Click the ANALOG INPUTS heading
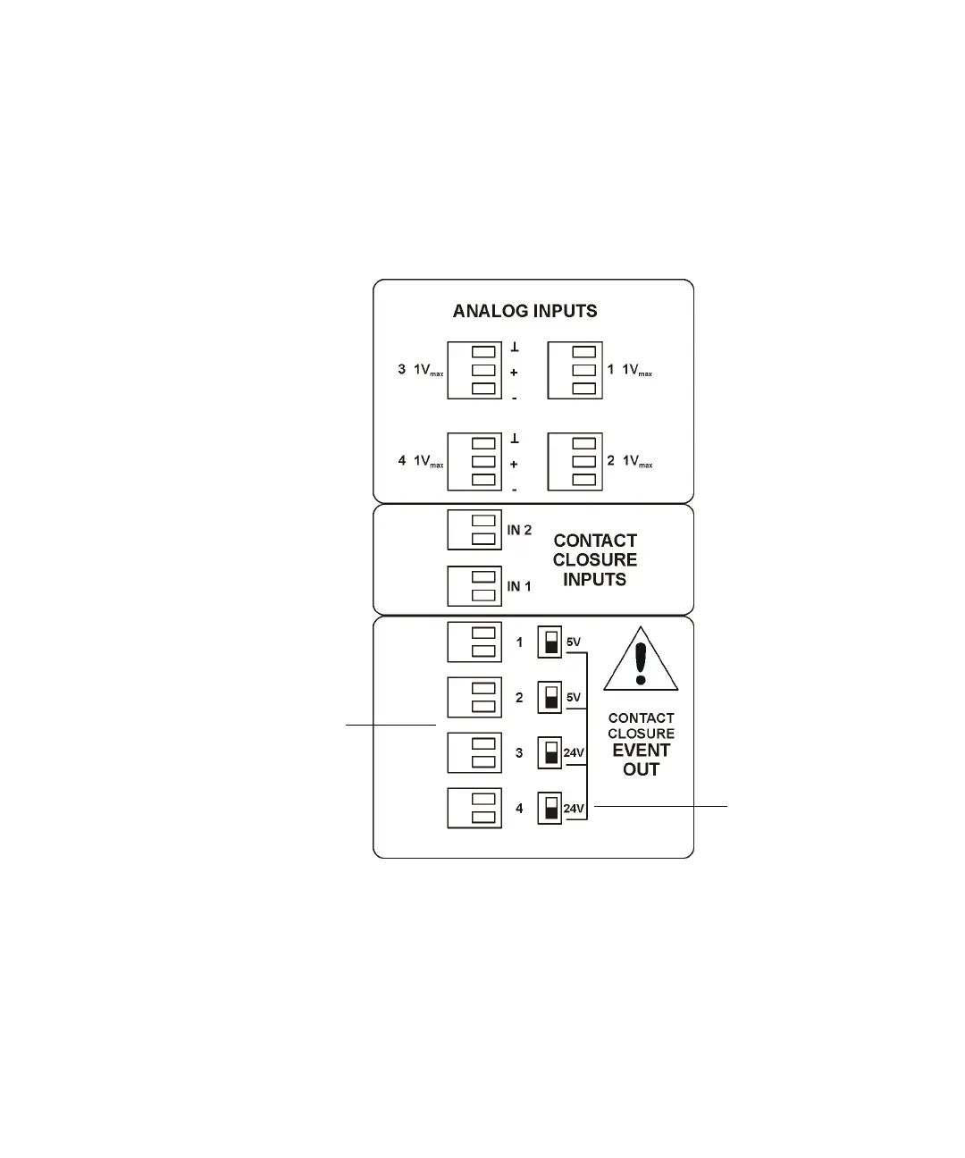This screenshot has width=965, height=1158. tap(524, 311)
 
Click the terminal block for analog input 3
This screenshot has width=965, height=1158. tap(474, 370)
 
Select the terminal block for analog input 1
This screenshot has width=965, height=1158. tap(575, 370)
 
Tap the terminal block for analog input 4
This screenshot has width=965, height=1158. tap(474, 461)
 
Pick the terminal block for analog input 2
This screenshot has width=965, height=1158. tap(575, 461)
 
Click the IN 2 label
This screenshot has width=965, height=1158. tap(519, 530)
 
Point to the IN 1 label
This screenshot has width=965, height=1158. tap(519, 586)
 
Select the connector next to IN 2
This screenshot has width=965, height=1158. tap(474, 530)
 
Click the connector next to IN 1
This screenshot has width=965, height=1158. tap(474, 586)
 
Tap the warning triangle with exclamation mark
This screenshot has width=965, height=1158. tap(641, 660)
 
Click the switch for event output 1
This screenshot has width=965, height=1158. tap(550, 642)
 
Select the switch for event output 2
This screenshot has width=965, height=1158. tap(550, 698)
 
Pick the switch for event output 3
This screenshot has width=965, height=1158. tap(550, 753)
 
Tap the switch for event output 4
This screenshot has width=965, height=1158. tap(550, 809)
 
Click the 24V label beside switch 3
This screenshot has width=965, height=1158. tap(574, 753)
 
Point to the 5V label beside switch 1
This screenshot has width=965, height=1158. tap(574, 642)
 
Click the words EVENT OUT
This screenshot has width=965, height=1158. tap(641, 759)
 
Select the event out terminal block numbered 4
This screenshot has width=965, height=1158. tap(474, 809)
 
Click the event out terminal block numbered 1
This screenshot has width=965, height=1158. tap(474, 642)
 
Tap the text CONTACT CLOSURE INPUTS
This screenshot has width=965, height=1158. tap(595, 560)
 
